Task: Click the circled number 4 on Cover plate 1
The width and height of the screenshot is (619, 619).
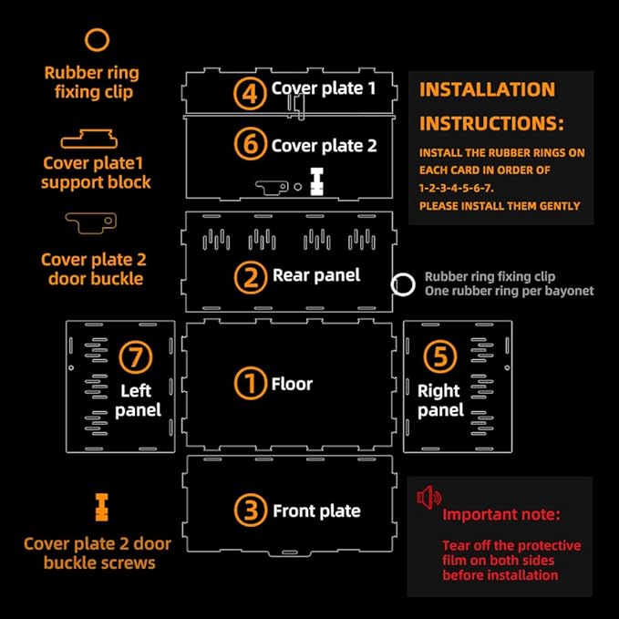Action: (250, 94)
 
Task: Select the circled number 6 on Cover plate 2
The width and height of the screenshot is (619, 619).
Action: (251, 143)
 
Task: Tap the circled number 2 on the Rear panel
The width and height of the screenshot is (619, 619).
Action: (251, 277)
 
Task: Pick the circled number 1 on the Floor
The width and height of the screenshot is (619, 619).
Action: (251, 383)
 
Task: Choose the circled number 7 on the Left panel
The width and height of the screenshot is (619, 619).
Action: (136, 356)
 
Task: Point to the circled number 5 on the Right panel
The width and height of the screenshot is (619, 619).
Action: (440, 356)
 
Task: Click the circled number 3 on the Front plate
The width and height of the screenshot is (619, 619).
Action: (251, 510)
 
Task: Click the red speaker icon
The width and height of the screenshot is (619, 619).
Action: (428, 497)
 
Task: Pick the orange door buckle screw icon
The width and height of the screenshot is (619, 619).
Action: (101, 507)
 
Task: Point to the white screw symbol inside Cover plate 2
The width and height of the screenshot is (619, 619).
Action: (316, 181)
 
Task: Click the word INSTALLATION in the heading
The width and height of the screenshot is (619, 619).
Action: (487, 89)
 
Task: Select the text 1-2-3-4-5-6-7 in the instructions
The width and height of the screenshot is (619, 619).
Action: (457, 188)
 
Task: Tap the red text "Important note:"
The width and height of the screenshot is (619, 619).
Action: (501, 514)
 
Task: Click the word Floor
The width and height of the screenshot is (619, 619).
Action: (292, 384)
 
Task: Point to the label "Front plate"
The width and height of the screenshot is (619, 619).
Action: (316, 511)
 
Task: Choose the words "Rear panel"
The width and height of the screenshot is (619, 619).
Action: (316, 275)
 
